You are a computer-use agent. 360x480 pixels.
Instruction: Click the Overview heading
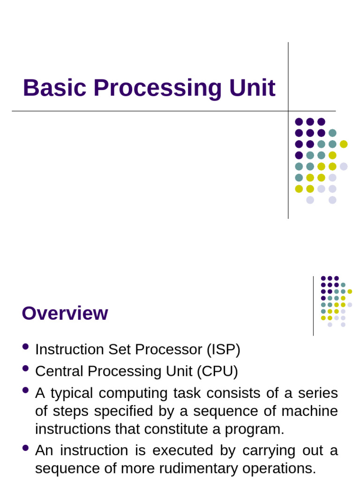click(65, 313)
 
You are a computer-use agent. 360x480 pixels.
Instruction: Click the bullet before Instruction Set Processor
click(25, 347)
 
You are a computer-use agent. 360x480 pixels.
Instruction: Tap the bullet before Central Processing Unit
click(25, 369)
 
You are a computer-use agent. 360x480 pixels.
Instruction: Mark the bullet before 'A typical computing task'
click(25, 390)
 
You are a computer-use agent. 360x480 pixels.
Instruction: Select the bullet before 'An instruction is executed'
click(25, 448)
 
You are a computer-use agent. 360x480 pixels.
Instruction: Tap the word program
click(259, 429)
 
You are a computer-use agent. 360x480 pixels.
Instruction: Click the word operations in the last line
click(280, 469)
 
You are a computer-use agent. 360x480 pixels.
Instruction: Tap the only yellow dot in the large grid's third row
click(344, 144)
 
